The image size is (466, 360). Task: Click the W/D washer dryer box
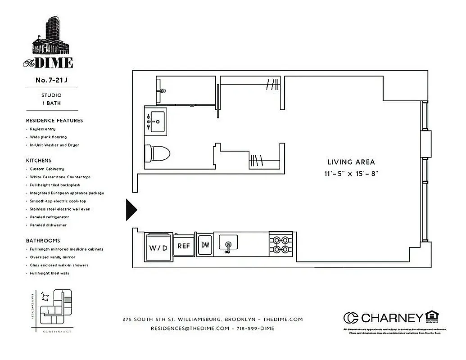[x=158, y=247]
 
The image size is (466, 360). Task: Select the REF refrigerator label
[x=184, y=246]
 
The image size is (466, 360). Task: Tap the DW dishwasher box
[x=205, y=245]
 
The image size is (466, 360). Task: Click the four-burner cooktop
[x=281, y=244]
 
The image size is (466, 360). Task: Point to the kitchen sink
[x=228, y=243]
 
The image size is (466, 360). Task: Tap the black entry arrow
[x=131, y=210]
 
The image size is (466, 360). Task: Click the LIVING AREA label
[x=351, y=162]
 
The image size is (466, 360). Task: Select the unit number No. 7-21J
[x=51, y=81]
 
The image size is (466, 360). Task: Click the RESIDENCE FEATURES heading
[x=54, y=121]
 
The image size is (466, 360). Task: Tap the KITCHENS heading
[x=39, y=160]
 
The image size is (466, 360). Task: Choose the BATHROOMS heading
[x=43, y=241]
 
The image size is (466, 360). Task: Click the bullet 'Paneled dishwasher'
[x=48, y=225]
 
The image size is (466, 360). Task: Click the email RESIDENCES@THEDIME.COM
[x=190, y=328]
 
